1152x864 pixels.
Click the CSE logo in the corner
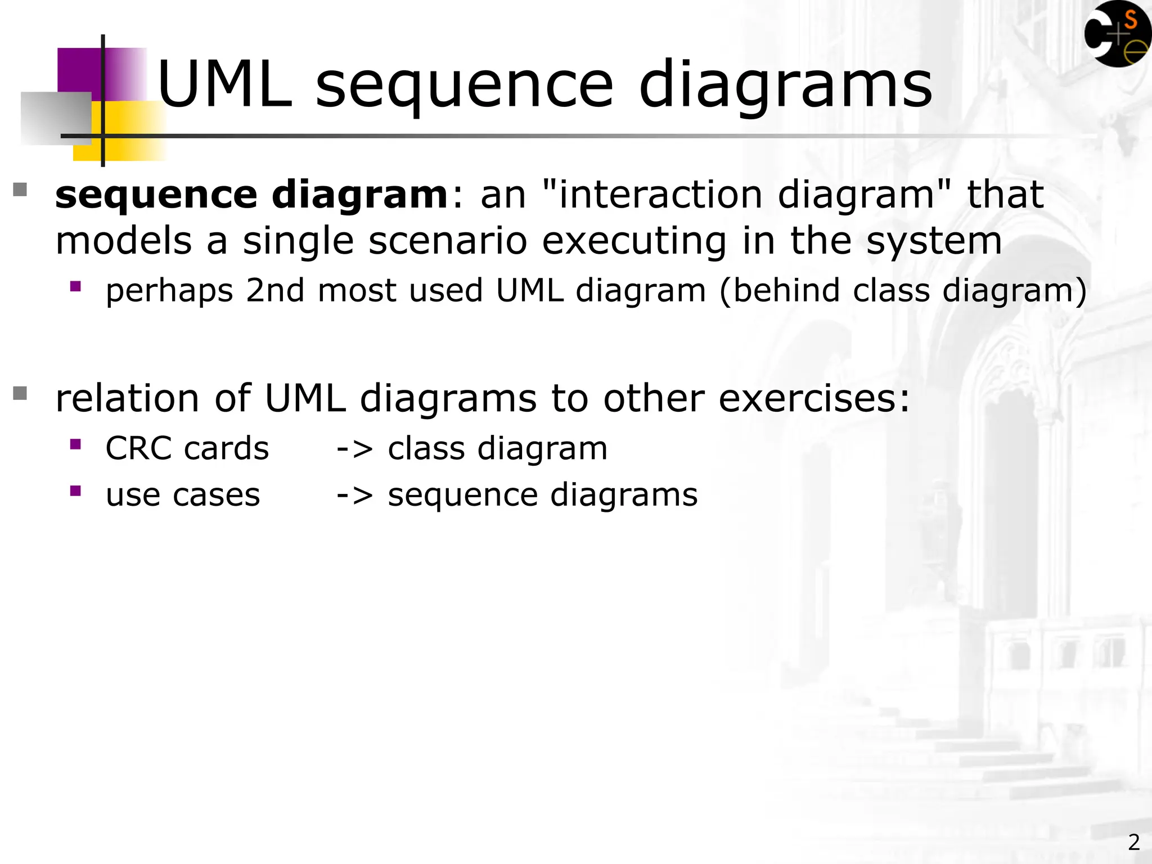point(1117,34)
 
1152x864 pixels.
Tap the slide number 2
point(1133,842)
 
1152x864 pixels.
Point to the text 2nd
point(275,291)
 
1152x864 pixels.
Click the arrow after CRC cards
point(354,449)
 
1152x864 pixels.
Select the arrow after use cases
point(354,495)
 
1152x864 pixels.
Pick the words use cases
point(183,495)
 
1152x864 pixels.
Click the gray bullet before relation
point(20,393)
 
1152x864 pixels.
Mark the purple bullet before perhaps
point(75,286)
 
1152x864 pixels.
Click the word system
point(934,241)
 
